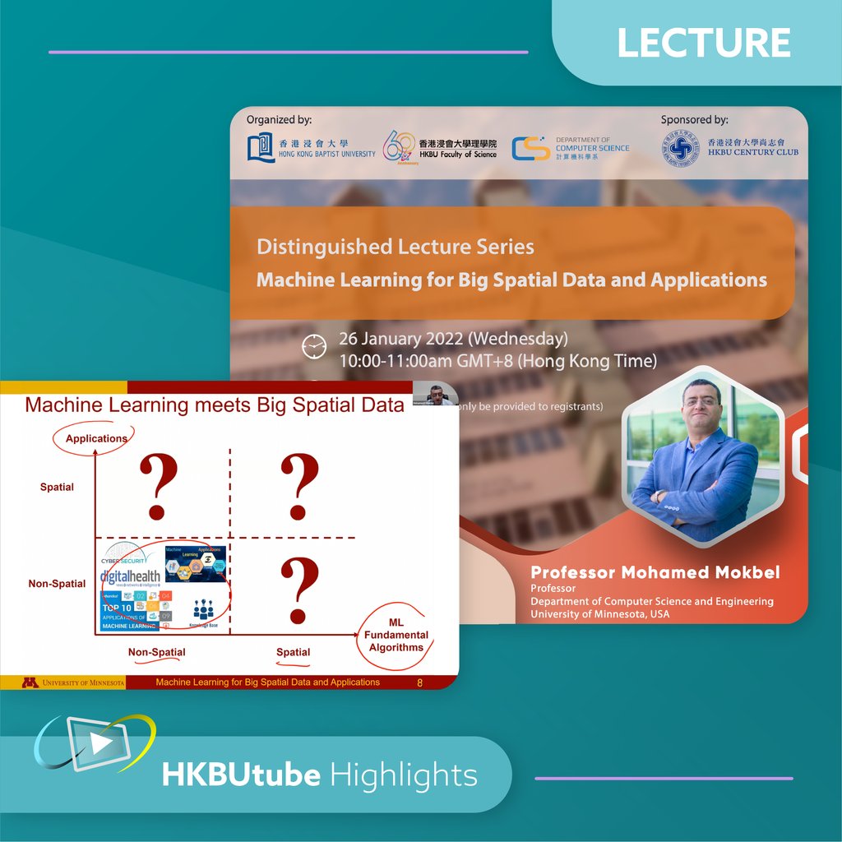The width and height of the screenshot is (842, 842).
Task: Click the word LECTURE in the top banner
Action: tap(704, 43)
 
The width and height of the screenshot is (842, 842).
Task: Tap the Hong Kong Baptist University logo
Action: tap(261, 148)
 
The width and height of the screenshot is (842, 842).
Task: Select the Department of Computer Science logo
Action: tap(530, 148)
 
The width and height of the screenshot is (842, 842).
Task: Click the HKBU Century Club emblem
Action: tap(680, 150)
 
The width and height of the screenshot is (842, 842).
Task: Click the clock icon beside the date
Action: tap(314, 347)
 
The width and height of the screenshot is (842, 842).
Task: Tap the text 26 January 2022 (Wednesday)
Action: tap(453, 339)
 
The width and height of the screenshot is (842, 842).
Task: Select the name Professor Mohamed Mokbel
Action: tap(656, 572)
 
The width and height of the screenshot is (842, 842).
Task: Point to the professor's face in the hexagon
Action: tap(701, 405)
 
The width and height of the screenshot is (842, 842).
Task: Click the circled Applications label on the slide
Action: tap(96, 438)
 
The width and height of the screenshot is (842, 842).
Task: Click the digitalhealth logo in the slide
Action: tap(130, 576)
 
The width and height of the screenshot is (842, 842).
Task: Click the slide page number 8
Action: tap(420, 682)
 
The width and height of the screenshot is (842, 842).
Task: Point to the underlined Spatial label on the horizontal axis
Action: tap(293, 652)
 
